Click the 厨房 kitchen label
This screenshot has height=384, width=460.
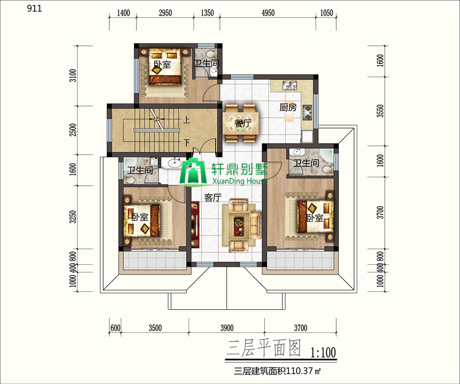click(x=288, y=108)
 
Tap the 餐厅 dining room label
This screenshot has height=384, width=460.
click(x=243, y=123)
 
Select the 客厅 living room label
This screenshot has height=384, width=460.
click(x=213, y=198)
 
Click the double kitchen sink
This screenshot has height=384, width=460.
click(x=290, y=86)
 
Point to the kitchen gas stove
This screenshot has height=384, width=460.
click(x=308, y=113)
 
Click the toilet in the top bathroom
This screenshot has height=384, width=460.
click(x=210, y=54)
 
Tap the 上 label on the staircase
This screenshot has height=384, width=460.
click(x=187, y=120)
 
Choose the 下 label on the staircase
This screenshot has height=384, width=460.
click(x=187, y=143)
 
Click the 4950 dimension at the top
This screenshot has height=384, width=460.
click(x=268, y=13)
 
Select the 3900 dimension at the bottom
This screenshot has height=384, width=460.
click(x=227, y=328)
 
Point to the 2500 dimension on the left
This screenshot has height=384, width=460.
click(x=73, y=130)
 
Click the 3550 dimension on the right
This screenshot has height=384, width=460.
click(x=380, y=111)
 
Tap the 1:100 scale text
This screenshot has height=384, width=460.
click(x=323, y=352)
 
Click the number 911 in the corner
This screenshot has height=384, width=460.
click(x=34, y=9)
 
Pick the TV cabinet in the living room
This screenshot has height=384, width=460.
click(x=195, y=224)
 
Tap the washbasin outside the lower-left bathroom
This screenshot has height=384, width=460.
click(x=176, y=162)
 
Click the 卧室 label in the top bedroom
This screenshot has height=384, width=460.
click(x=162, y=65)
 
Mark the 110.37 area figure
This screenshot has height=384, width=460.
click(x=298, y=371)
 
